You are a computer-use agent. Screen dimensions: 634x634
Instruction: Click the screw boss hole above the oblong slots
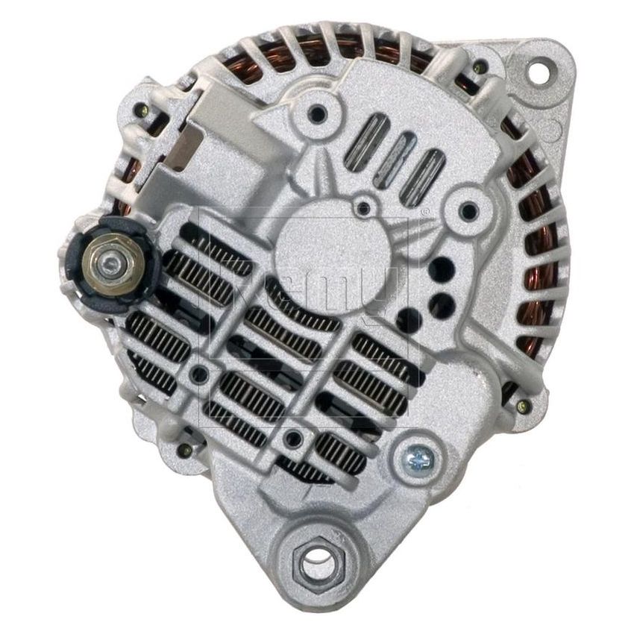pyautogui.click(x=319, y=114)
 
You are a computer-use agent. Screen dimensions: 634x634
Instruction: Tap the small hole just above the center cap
pyautogui.click(x=365, y=207)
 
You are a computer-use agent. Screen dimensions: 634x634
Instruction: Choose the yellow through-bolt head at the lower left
pyautogui.click(x=181, y=451)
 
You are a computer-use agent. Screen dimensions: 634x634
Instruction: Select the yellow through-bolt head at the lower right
pyautogui.click(x=523, y=407)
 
